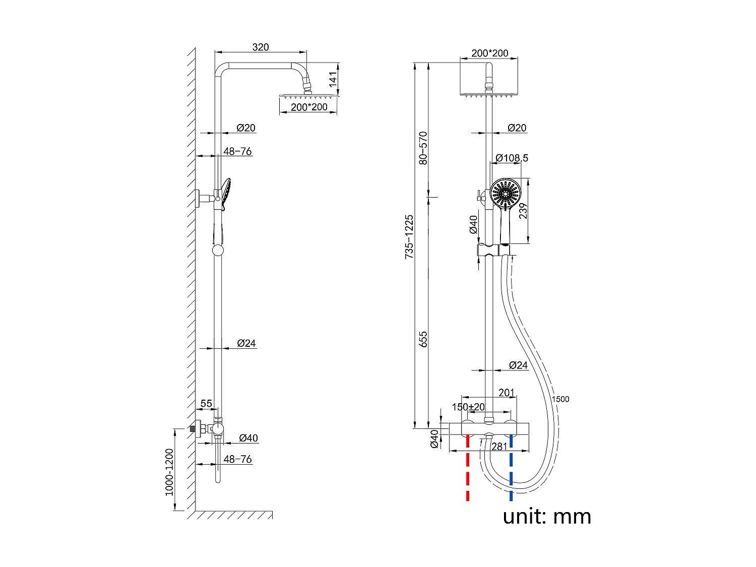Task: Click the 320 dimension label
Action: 261,47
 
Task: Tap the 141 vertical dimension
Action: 333,79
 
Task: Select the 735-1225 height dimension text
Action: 409,237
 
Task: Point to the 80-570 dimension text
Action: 423,148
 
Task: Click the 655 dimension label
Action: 423,339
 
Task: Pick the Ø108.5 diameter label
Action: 512,158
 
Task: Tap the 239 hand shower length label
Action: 523,211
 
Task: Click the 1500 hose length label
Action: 560,399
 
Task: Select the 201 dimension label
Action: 507,393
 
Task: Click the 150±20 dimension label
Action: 468,407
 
